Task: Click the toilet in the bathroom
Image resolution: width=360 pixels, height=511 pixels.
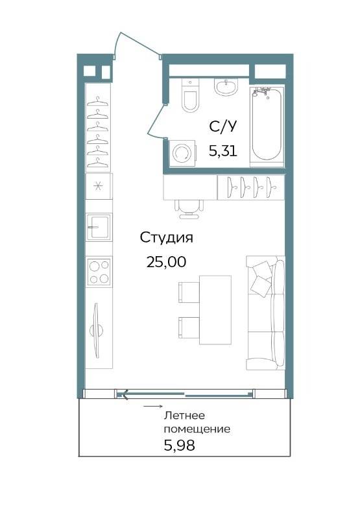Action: point(190,95)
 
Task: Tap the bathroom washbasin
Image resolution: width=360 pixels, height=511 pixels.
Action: point(226,87)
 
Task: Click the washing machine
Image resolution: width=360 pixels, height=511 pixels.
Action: point(182,153)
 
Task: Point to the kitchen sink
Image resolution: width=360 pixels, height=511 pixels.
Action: point(99,227)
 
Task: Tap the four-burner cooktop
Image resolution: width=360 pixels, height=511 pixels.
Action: point(99,272)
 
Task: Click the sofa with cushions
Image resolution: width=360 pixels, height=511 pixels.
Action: point(265,313)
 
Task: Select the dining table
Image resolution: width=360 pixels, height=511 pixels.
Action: point(215,310)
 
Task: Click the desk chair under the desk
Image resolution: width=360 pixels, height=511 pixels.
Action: point(189,209)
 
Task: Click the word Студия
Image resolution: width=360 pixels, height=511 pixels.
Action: point(166,237)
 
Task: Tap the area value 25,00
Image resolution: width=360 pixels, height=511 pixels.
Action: point(166,262)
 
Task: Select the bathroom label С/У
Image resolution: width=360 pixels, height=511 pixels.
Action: point(222,126)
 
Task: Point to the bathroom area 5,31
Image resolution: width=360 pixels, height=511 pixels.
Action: point(222,151)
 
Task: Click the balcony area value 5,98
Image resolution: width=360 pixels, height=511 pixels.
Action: point(179,445)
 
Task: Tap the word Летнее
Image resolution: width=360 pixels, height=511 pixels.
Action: point(185,416)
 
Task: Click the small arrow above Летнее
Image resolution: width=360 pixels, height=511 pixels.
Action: point(153,407)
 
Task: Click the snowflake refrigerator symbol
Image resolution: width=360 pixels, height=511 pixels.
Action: point(98,186)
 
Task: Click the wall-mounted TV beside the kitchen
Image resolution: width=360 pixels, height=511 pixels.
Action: point(96,331)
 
